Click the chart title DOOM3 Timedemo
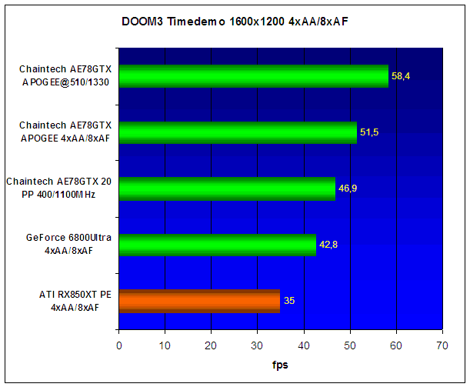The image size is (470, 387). tap(173, 22)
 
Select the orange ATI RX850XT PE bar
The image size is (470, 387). tap(199, 301)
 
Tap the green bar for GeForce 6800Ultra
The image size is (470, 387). tap(218, 245)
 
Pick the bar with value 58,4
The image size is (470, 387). tap(254, 76)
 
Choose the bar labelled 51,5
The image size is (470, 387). tap(238, 132)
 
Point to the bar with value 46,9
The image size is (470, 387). tap(227, 188)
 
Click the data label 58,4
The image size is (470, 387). tap(401, 76)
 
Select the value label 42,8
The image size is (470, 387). tap(328, 245)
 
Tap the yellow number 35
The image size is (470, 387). tap(289, 301)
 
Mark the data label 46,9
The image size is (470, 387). tap(348, 188)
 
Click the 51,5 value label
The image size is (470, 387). tap(369, 132)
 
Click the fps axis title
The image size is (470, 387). tap(280, 365)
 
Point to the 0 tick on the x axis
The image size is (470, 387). tap(119, 346)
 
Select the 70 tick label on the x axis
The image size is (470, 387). tap(442, 346)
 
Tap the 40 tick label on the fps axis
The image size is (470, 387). tap(304, 346)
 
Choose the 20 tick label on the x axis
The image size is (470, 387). tap(211, 346)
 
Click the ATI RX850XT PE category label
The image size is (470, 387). tap(75, 301)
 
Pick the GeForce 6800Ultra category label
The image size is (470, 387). tap(68, 244)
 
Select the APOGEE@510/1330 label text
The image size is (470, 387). tap(65, 82)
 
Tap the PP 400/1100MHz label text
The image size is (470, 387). tap(58, 195)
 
